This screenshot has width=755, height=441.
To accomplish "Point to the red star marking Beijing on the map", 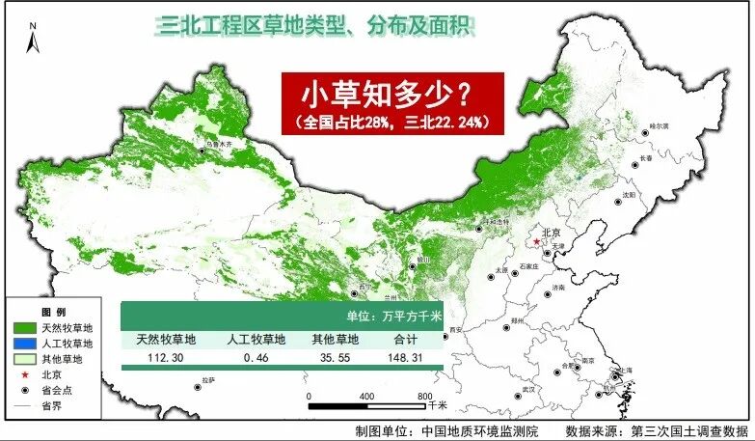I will (x=537, y=241).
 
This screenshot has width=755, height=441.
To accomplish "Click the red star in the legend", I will (x=20, y=374).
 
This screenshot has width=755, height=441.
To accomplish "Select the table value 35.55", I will (x=335, y=357).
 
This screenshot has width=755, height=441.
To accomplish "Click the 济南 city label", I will (x=560, y=289).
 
